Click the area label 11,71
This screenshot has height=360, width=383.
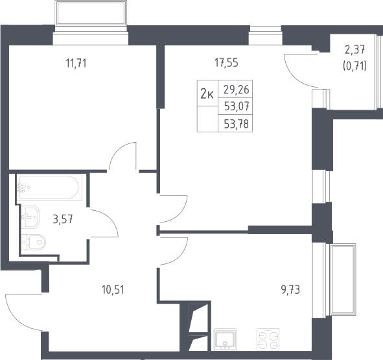point(76,64)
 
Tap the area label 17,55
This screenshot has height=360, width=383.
point(226,63)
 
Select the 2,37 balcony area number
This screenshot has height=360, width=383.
point(355,50)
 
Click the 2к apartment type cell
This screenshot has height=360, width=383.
point(207,93)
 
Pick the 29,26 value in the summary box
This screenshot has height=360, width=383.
point(236,90)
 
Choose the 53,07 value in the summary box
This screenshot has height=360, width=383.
point(237,106)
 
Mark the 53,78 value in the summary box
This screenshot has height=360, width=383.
point(237,124)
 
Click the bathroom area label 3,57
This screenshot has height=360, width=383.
point(63,219)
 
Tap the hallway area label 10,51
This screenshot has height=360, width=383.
point(113,290)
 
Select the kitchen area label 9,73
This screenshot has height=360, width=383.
point(290,290)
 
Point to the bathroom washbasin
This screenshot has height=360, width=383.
point(30,217)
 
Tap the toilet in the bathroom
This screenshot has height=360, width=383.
point(34,242)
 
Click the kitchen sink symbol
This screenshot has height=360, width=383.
point(225,339)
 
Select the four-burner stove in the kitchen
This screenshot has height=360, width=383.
point(268,339)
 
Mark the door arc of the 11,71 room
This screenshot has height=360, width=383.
point(117,150)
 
